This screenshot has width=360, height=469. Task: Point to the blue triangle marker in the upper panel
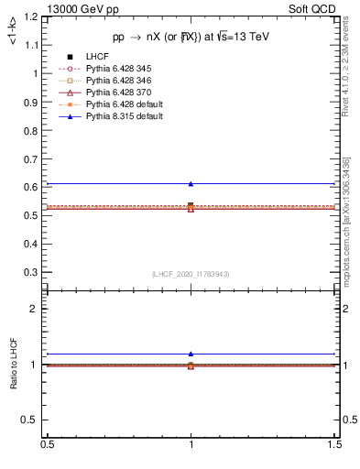click(x=191, y=184)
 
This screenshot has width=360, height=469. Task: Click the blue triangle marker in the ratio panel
click(x=191, y=354)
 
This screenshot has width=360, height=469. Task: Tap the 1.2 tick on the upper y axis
click(x=34, y=16)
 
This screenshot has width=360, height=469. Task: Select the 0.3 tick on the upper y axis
click(x=34, y=272)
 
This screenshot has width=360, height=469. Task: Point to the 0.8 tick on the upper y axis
click(x=34, y=130)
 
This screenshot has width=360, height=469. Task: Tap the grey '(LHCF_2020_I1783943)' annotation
click(x=191, y=275)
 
